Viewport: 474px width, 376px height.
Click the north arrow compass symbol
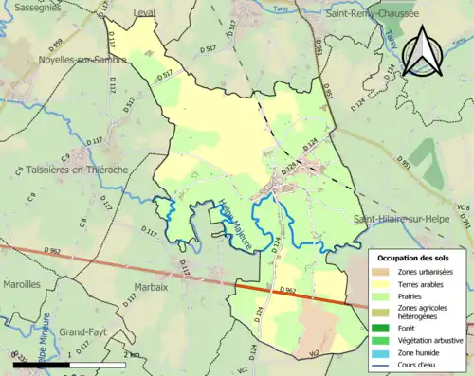[423, 50]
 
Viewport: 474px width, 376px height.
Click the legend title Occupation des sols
[419, 258]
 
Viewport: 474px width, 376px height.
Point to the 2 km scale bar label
[129, 354]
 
